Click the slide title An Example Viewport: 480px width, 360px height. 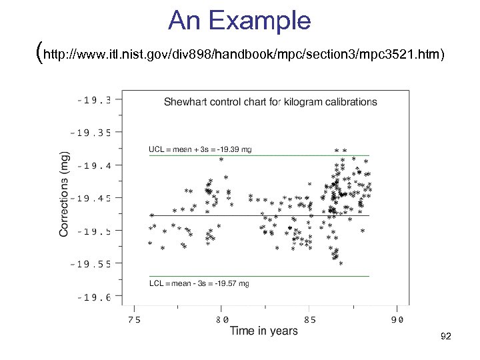239,21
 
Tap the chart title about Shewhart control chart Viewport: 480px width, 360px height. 270,102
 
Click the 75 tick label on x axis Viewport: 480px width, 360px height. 134,319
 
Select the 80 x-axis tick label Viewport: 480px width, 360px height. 222,319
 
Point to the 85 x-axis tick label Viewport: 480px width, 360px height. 309,319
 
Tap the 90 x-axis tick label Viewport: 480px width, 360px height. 397,319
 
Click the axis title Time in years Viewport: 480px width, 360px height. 264,331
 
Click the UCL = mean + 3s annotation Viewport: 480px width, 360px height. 200,149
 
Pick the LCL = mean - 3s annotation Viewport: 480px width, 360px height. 199,283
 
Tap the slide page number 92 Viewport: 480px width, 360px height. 446,337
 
